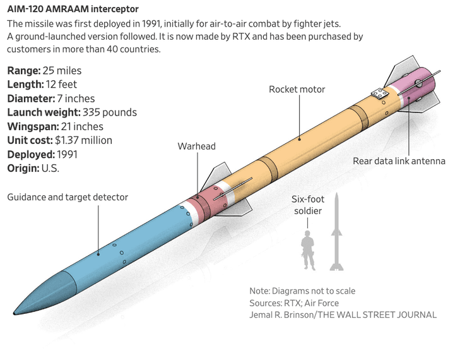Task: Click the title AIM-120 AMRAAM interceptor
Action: [x=73, y=9]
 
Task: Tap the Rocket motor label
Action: [x=297, y=89]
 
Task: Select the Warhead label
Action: [x=196, y=147]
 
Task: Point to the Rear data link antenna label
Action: [x=399, y=161]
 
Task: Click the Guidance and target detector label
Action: [x=68, y=197]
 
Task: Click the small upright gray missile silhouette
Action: [x=338, y=234]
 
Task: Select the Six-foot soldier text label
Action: [x=308, y=205]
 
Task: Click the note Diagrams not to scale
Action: [x=302, y=291]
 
